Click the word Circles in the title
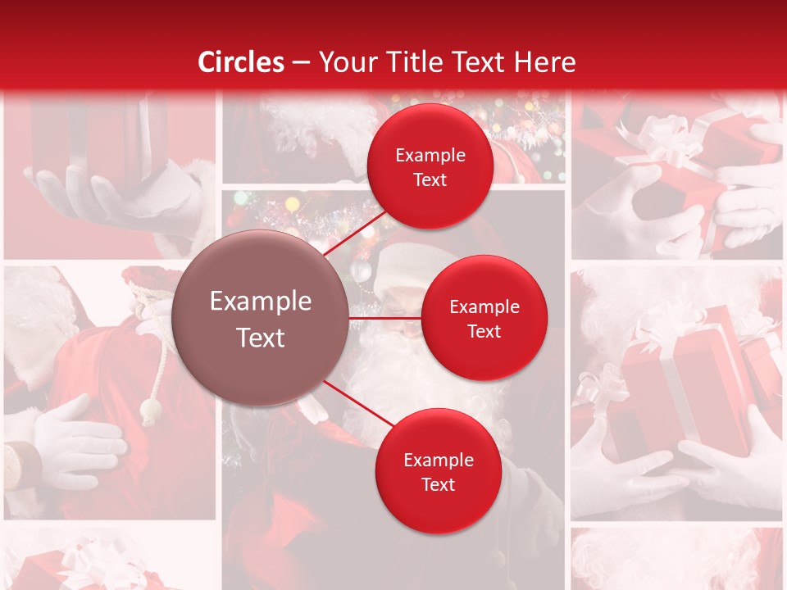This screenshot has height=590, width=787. [x=241, y=62]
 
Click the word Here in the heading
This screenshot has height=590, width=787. [x=544, y=62]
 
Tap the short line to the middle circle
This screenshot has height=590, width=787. [x=385, y=318]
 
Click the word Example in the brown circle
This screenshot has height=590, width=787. [x=261, y=302]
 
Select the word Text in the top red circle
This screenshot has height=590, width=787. [x=430, y=179]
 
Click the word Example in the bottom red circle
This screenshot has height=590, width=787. [x=438, y=460]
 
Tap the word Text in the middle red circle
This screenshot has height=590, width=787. [x=484, y=331]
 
